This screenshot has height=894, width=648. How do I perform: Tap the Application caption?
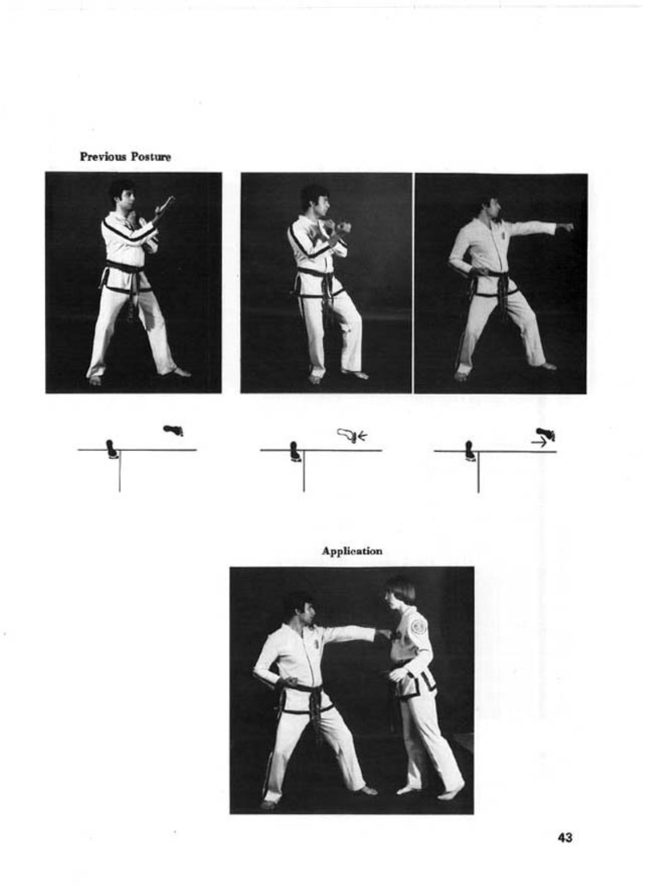pos(352,552)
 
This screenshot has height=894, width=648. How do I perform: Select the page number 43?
pos(565,837)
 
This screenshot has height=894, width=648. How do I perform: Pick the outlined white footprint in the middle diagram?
pos(347,434)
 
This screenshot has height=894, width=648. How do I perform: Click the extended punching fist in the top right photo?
pos(565,227)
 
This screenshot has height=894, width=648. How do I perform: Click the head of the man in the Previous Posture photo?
pos(123,195)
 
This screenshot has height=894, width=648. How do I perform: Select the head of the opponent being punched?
pos(400,593)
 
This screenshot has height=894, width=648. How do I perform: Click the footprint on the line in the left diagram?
pos(111,449)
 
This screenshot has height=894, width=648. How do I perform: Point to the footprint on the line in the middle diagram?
pos(295,451)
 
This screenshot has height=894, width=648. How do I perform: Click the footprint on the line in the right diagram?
pos(469,450)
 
